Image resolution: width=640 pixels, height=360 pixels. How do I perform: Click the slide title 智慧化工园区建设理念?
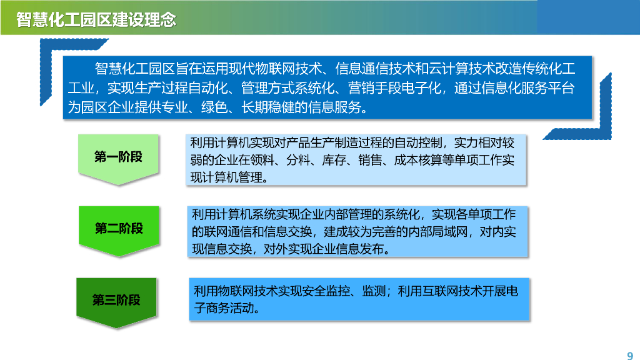pos(96,19)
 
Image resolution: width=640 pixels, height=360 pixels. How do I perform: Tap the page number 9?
pos(629,350)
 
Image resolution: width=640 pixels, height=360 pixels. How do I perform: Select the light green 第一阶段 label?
pos(119,157)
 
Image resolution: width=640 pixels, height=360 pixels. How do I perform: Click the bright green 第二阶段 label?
pos(119,228)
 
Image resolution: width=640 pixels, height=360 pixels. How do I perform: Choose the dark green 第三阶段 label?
pos(117,300)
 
